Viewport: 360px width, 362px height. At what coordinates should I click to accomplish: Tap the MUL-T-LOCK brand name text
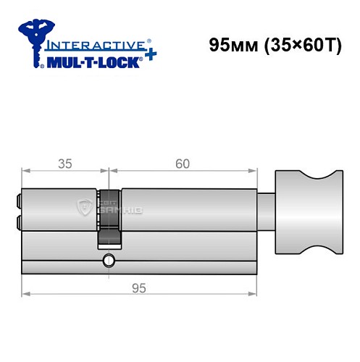94,62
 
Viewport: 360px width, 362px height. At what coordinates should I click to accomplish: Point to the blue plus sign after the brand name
148,55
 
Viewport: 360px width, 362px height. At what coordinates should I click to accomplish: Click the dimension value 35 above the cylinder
65,164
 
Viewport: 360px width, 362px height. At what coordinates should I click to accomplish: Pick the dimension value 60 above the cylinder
183,164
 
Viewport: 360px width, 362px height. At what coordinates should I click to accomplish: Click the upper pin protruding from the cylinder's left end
18,198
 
